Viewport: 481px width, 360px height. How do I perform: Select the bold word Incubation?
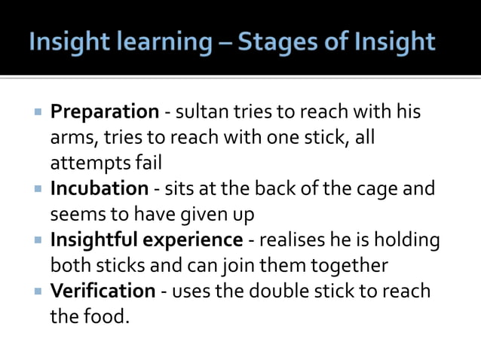coord(100,188)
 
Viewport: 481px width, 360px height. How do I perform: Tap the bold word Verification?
coord(102,291)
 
